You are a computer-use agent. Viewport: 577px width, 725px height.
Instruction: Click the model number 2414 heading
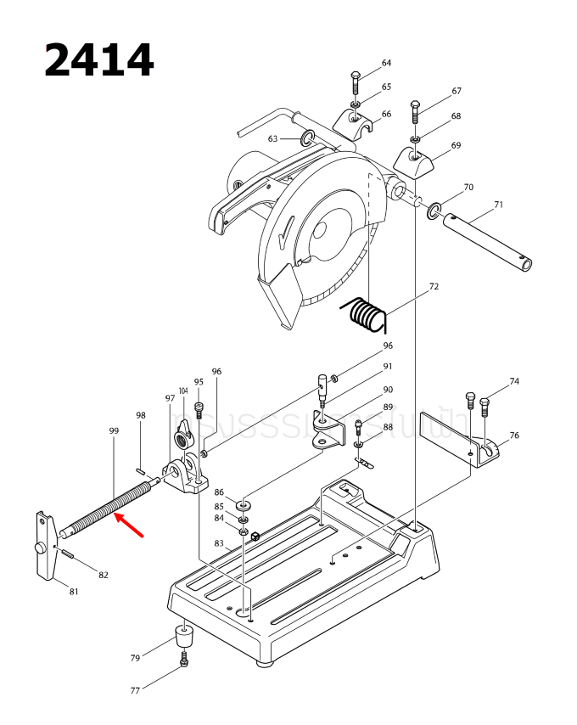point(99,60)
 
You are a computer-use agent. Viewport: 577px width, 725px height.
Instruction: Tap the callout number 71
point(498,205)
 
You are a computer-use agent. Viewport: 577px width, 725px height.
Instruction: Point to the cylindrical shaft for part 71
point(488,243)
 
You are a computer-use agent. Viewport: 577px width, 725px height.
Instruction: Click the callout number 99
point(114,430)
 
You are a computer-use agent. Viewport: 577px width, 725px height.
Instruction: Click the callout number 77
point(135,691)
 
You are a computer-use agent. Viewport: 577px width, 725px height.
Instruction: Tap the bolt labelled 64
point(355,84)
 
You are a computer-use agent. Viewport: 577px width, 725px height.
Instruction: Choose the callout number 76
point(514,436)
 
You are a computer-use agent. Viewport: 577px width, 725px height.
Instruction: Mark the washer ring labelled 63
point(307,138)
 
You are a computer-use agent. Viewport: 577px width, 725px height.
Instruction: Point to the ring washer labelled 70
point(435,209)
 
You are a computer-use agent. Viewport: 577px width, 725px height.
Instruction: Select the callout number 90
point(388,390)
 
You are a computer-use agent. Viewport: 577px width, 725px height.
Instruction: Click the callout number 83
point(219,543)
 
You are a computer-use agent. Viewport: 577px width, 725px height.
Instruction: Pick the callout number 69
point(456,145)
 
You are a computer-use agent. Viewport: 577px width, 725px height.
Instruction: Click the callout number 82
point(104,575)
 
